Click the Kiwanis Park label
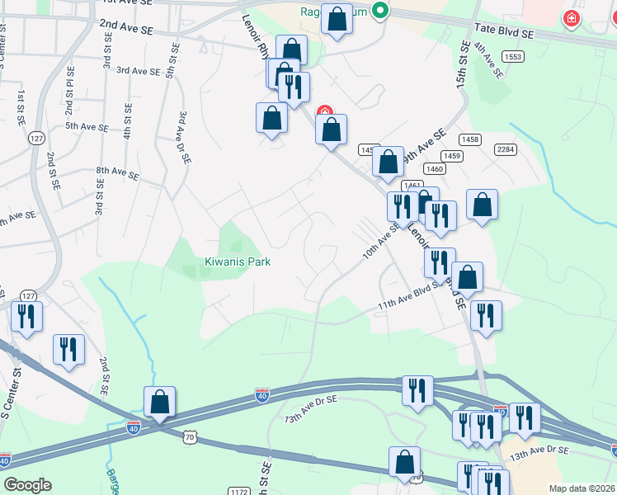(238, 262)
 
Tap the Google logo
(27, 485)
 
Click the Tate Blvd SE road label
(504, 35)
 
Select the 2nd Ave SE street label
(127, 26)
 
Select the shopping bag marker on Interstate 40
(160, 402)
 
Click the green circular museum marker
(379, 11)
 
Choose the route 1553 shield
(512, 56)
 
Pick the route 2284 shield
(505, 148)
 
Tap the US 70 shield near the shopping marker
(191, 437)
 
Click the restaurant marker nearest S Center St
(26, 316)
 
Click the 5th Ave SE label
(87, 127)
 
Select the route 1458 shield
(470, 139)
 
